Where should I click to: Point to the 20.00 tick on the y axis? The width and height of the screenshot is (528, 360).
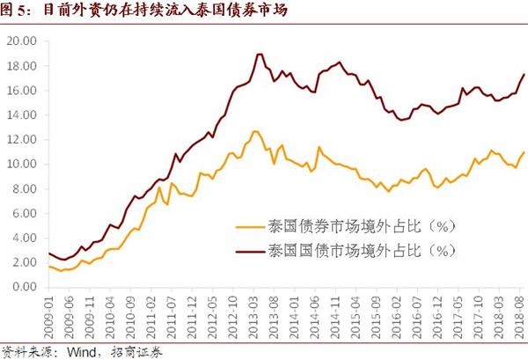[x=20, y=41]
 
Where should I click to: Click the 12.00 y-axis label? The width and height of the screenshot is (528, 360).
[x=20, y=140]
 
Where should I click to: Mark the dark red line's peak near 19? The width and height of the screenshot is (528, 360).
[x=258, y=55]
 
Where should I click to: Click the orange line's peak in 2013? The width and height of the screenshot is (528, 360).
[x=255, y=131]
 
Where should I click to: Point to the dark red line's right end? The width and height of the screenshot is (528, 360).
[x=524, y=74]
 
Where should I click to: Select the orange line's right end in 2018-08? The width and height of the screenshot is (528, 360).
[x=524, y=152]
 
